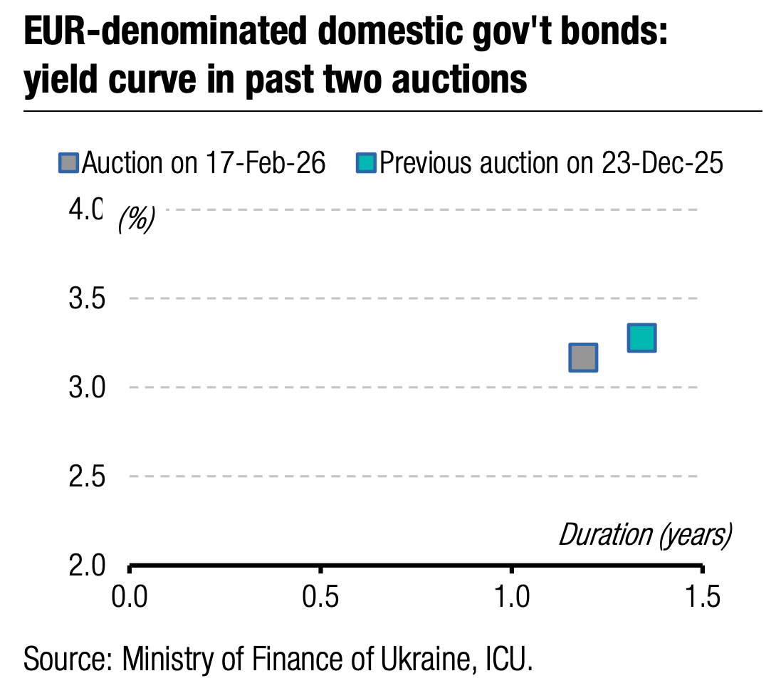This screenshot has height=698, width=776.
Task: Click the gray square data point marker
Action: click(x=583, y=357)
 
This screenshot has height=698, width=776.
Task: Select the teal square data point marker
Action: click(x=641, y=338)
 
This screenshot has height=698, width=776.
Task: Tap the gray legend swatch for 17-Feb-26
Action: click(x=69, y=164)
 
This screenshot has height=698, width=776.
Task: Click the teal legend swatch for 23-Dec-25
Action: click(x=366, y=164)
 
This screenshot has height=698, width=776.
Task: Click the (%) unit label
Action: click(x=136, y=220)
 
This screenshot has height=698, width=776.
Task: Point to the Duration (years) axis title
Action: click(x=645, y=534)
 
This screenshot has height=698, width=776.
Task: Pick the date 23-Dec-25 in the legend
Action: click(x=661, y=164)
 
